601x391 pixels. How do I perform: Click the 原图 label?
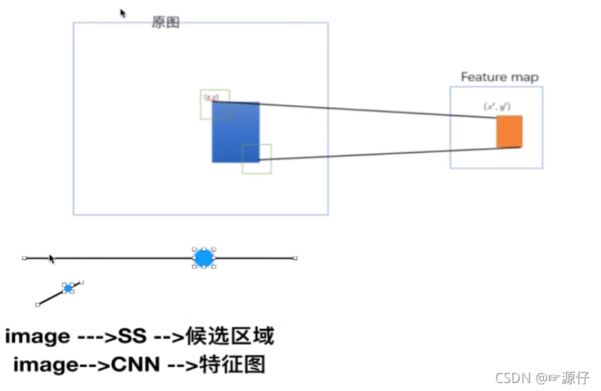click(165, 22)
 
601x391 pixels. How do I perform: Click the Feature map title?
click(499, 77)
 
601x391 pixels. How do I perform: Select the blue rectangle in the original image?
click(235, 132)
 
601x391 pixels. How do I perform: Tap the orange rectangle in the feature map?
click(509, 132)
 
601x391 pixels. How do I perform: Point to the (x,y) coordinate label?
click(211, 96)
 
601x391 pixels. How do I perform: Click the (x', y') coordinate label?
click(498, 106)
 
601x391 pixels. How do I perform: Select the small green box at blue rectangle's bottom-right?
click(256, 159)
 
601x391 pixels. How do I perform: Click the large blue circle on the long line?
click(204, 257)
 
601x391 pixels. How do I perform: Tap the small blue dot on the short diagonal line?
click(69, 288)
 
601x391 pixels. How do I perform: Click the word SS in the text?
click(133, 337)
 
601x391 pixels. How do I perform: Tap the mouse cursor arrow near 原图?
click(123, 13)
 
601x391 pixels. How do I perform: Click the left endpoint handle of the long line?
click(25, 257)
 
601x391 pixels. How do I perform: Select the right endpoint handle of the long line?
click(295, 257)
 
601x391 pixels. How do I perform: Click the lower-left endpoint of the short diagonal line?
click(38, 304)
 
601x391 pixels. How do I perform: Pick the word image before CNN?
click(46, 365)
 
